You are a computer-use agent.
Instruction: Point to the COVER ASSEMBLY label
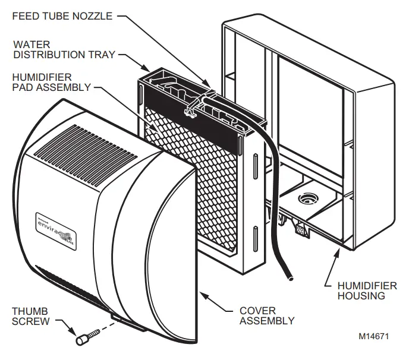(266, 315)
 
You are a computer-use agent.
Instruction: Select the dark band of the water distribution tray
(196, 113)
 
